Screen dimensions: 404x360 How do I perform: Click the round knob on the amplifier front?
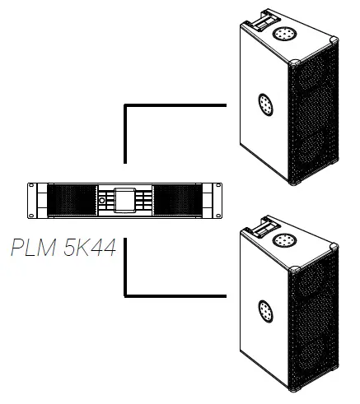(x=102, y=200)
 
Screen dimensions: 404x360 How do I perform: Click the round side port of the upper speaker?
(x=264, y=104)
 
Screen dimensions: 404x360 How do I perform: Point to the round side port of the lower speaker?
(x=264, y=309)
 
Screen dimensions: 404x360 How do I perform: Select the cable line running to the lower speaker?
(x=177, y=294)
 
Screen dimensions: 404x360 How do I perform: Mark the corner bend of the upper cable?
(x=125, y=106)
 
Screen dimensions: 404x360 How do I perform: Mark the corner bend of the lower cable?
(x=125, y=294)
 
